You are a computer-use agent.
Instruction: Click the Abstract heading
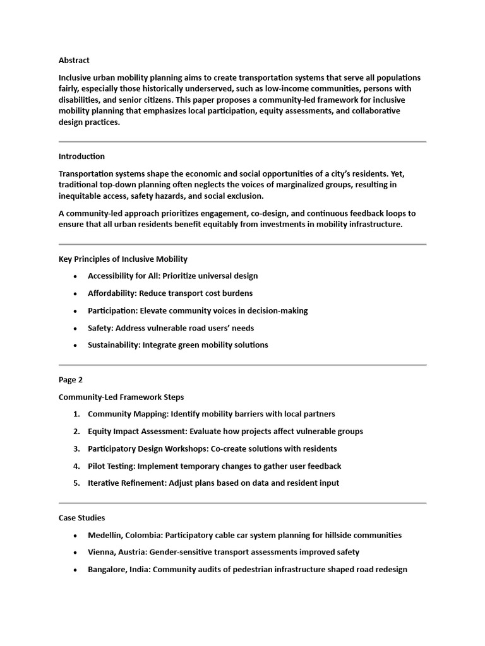[x=74, y=61]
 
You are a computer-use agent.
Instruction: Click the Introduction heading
[x=81, y=156]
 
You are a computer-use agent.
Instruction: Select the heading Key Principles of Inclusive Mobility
[x=123, y=259]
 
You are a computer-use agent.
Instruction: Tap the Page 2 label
[x=71, y=380]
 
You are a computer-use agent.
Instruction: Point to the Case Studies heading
[x=81, y=517]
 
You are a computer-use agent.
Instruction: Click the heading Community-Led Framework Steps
[x=121, y=397]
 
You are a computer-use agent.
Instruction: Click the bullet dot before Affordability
[x=76, y=293]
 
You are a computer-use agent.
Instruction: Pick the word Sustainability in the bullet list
[x=114, y=344]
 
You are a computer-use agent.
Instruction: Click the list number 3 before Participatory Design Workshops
[x=76, y=449]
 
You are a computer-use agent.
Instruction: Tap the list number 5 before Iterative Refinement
[x=76, y=483]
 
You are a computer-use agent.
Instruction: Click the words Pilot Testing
[x=110, y=466]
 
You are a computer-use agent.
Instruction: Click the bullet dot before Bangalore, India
[x=76, y=570]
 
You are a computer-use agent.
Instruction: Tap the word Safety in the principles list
[x=100, y=327]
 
